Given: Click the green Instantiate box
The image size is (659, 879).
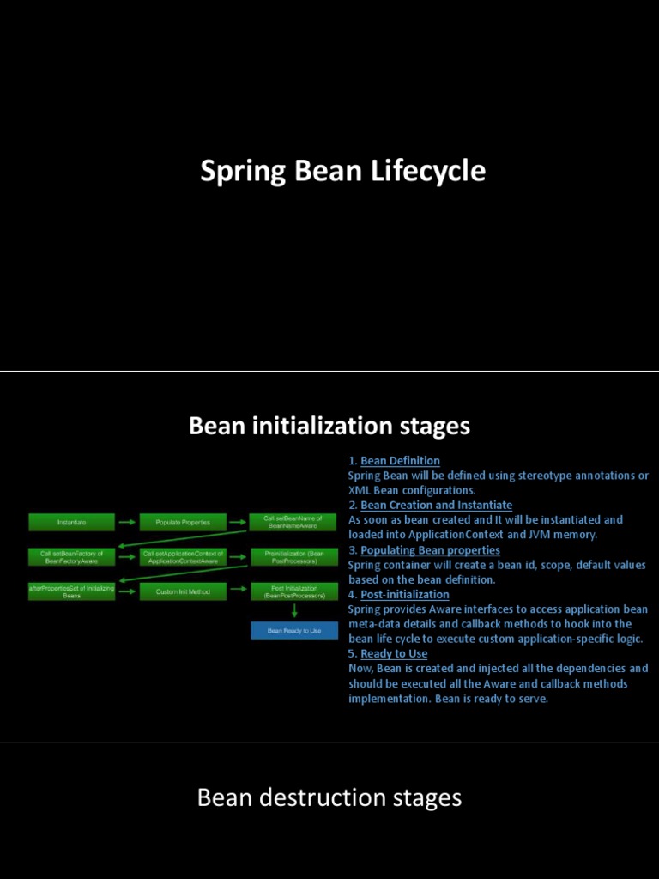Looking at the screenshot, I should (x=71, y=522).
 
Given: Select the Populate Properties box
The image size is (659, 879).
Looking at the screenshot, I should (x=183, y=522).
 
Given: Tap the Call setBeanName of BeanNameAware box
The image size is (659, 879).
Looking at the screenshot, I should (x=293, y=522).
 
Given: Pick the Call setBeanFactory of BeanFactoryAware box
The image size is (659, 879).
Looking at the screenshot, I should (x=71, y=557).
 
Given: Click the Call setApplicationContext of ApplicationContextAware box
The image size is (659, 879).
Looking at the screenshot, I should (x=183, y=557).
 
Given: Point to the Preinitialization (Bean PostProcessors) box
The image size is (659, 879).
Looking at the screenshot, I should (x=293, y=557).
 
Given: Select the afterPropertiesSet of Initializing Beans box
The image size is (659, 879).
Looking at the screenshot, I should (x=71, y=591).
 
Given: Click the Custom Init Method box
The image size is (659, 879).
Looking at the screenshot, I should (x=183, y=591).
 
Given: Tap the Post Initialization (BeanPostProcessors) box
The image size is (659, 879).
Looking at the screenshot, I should (x=293, y=591).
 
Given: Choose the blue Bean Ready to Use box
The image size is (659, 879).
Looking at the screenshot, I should (x=293, y=631).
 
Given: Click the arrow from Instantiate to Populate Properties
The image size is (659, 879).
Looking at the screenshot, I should (x=127, y=522).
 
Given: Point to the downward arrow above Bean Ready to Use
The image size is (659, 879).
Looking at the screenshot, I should (x=293, y=611).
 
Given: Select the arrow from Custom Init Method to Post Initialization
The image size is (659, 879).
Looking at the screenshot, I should (x=239, y=591).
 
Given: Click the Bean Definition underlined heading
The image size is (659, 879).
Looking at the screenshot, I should (x=400, y=461).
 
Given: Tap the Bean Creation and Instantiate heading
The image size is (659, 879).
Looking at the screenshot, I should (x=436, y=506).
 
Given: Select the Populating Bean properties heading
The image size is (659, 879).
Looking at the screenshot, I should (x=430, y=550).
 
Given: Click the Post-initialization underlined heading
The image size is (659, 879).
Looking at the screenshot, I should (x=405, y=595).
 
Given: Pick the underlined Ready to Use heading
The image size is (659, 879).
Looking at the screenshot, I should (x=394, y=654).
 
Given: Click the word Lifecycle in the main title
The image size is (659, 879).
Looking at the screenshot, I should (x=428, y=171).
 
